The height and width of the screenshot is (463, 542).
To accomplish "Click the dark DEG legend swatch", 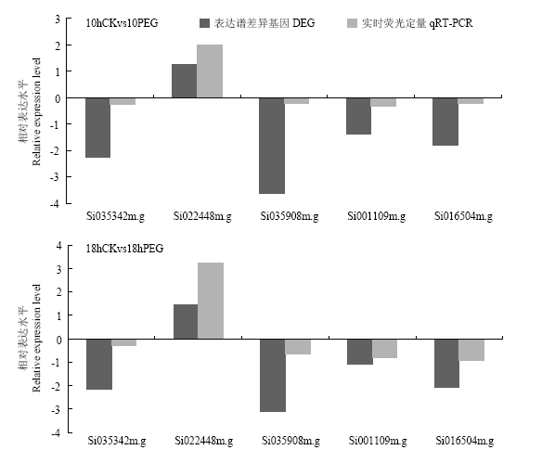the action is click(204, 23).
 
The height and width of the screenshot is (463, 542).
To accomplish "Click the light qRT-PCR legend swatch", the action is click(352, 23).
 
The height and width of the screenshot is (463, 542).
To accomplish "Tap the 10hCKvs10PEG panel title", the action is click(122, 23).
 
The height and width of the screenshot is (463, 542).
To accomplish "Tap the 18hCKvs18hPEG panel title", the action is click(124, 249).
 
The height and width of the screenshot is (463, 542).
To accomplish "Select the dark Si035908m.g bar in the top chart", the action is click(272, 146).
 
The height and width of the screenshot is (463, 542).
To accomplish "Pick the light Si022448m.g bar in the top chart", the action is click(210, 71).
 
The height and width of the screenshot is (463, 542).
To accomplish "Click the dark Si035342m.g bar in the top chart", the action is click(97, 128).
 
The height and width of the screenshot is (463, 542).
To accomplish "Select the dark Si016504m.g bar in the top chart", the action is click(445, 122).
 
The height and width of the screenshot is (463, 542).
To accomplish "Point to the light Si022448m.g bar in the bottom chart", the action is click(211, 301).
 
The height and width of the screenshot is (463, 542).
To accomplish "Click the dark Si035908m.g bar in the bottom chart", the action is click(273, 376).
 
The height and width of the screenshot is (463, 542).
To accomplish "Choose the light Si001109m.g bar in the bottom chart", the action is click(385, 349).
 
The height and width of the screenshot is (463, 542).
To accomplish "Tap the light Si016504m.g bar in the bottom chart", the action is click(471, 350).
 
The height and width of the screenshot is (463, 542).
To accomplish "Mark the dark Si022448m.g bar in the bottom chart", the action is click(186, 322).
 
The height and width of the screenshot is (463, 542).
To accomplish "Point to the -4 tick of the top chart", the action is click(55, 203).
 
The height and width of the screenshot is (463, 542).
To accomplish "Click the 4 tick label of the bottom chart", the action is click(58, 246).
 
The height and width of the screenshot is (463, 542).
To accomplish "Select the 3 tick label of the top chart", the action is click(58, 19).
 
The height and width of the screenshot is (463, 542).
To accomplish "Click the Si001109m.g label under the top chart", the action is click(377, 216).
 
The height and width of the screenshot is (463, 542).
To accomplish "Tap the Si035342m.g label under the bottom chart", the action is click(117, 442).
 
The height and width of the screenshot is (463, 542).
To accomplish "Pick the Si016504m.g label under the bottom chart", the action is click(465, 442).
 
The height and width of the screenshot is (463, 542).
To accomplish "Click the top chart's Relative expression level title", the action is click(36, 111).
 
